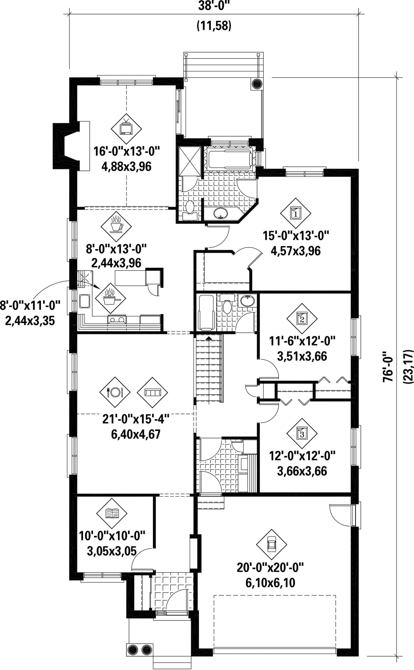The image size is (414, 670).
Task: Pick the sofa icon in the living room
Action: click(153, 392)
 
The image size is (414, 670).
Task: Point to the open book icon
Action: click(112, 514)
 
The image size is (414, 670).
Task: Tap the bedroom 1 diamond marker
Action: click(296, 213)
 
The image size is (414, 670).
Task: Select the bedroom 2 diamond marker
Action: click(302, 319)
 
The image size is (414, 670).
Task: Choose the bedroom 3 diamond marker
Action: click(302, 433)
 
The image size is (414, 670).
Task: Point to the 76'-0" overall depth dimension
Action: click(388, 367)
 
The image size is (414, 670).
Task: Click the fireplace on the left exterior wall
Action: click(67, 146)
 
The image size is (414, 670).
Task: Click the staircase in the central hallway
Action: click(209, 368)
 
